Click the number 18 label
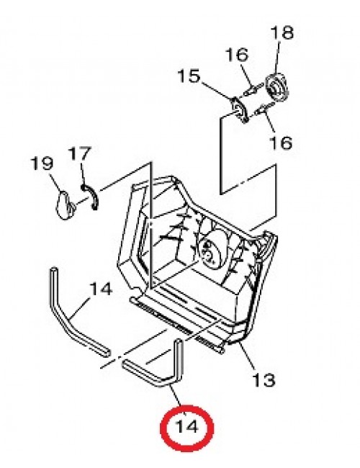point(282,33)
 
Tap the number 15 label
point(189,76)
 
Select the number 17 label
point(79,153)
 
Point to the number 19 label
point(42,163)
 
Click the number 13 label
point(264,380)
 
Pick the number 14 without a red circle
point(101,289)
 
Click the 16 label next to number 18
point(237,55)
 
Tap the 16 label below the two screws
point(281,143)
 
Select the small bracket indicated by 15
point(240,109)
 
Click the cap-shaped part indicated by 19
point(64,205)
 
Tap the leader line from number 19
point(56,182)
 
